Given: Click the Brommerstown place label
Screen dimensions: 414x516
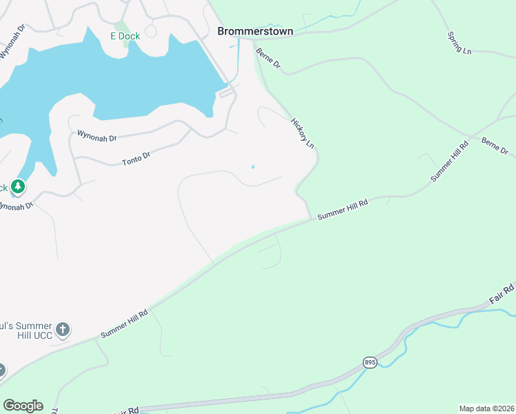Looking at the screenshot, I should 255,31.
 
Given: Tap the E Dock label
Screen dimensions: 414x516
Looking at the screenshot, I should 125,36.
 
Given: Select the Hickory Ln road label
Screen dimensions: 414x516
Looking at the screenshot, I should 302,133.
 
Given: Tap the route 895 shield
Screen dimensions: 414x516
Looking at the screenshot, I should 370,362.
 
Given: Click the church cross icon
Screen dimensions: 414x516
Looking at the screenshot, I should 63,329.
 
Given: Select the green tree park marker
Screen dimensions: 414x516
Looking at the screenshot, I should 18,186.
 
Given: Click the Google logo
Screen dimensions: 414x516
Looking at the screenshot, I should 23,406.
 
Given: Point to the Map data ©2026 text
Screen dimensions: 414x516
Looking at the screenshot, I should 486,408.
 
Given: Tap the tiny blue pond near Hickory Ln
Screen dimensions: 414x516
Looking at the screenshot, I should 252,167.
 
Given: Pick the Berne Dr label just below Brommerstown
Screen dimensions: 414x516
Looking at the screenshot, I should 268,58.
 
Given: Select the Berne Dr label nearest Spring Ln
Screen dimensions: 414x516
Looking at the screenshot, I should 494,146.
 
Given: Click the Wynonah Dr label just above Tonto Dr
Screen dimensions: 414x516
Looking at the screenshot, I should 97,135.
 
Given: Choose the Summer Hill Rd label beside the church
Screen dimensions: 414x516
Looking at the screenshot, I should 124,323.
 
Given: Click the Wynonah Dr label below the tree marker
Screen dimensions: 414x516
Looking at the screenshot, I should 15,206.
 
